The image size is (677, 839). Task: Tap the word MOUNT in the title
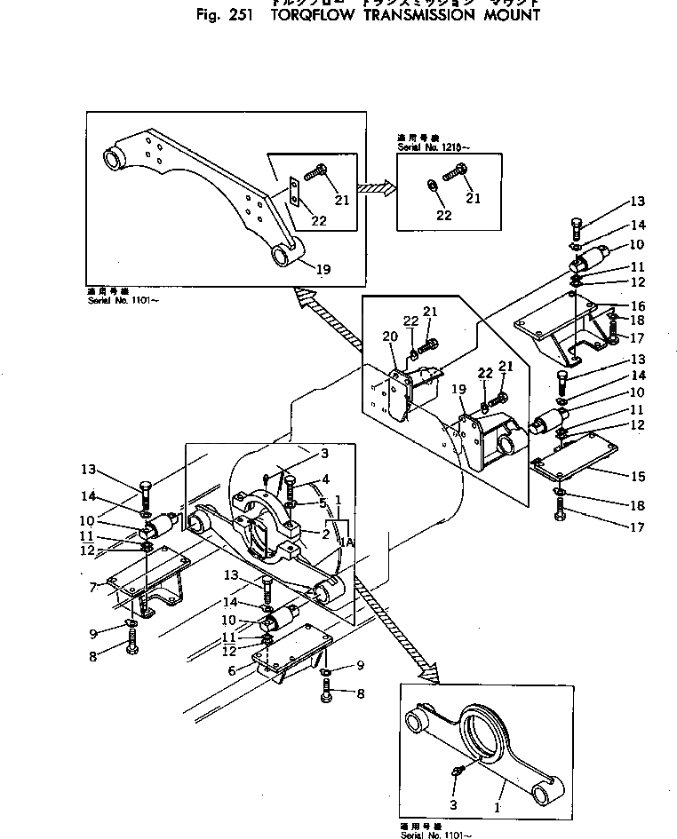(x=507, y=15)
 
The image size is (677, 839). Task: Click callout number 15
(x=638, y=477)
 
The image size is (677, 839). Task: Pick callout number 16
(x=638, y=305)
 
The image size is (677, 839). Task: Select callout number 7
(x=93, y=587)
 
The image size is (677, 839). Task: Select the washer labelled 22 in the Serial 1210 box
(x=431, y=186)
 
